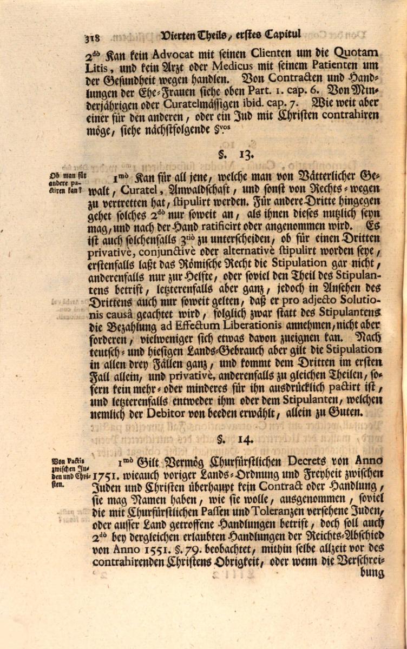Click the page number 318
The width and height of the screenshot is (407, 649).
93,38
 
